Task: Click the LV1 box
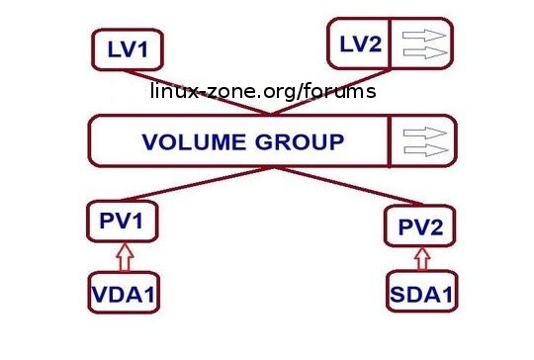(128, 49)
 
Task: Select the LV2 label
(361, 45)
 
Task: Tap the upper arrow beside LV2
(424, 35)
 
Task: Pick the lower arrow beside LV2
(425, 52)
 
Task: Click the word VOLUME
(194, 141)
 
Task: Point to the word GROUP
(300, 141)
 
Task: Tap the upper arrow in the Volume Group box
(425, 133)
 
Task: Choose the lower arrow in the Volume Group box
(426, 150)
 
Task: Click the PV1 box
(123, 222)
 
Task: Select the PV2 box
(420, 225)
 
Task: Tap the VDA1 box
(124, 292)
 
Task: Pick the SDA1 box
(422, 291)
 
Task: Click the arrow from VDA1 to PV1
(125, 257)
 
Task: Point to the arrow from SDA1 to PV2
(422, 258)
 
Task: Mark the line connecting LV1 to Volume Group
(197, 93)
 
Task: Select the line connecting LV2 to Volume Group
(331, 92)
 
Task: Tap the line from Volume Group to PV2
(348, 187)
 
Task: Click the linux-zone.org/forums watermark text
(263, 91)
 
